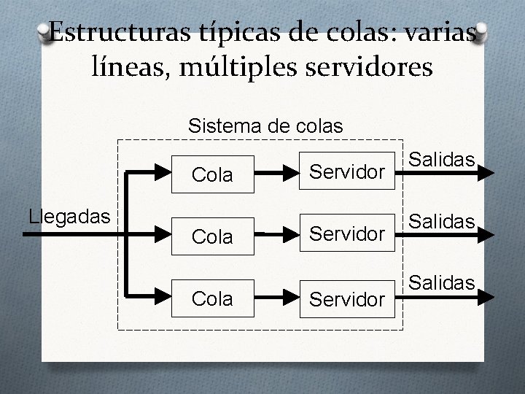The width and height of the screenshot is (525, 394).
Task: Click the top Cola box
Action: [212, 175]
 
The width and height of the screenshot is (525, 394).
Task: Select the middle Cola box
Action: [212, 235]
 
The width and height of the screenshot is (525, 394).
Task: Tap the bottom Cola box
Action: [212, 298]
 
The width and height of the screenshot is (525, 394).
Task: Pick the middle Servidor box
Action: [346, 235]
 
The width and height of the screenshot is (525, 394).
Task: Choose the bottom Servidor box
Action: [346, 298]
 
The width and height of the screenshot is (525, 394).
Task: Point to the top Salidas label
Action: [443, 160]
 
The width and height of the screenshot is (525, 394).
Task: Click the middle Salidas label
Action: [443, 220]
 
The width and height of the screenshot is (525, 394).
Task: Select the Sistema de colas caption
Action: [265, 125]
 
